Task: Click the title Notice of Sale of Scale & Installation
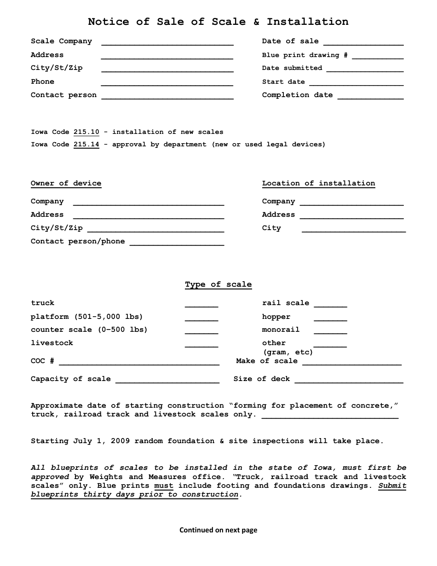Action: point(218,22)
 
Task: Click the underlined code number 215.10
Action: point(86,132)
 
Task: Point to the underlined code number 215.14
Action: point(86,144)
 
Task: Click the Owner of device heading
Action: point(66,183)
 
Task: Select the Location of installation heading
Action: point(318,183)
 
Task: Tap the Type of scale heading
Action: point(218,284)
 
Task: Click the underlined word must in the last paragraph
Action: point(164,485)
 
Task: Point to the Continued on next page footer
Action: point(218,530)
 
